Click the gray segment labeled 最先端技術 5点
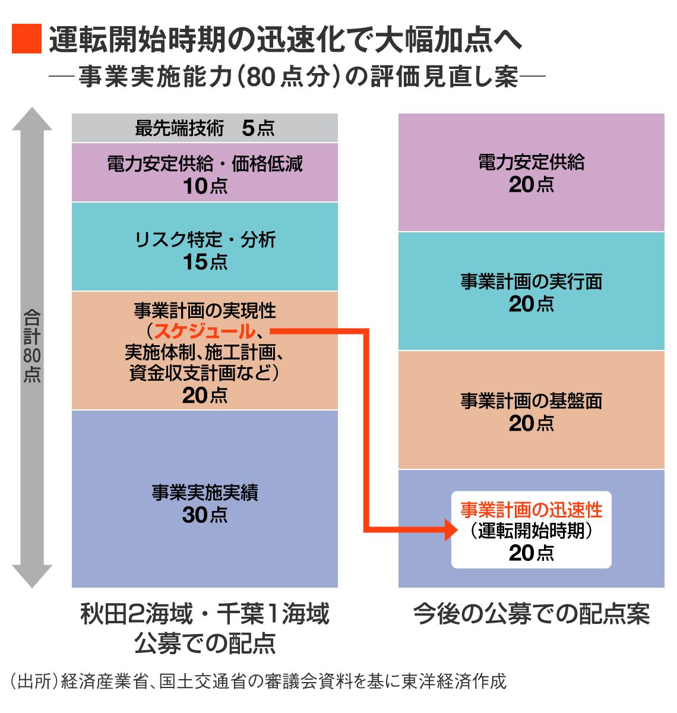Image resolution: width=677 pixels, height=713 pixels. coord(204,128)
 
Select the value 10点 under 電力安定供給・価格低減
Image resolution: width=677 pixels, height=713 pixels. coord(204,186)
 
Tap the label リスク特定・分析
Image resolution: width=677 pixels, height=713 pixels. coord(204,239)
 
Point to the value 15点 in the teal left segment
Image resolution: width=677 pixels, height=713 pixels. coord(204,262)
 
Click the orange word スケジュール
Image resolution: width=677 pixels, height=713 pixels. coord(204,332)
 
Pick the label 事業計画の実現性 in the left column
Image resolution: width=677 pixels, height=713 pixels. coord(204,310)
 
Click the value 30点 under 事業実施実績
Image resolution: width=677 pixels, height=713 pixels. coord(204,515)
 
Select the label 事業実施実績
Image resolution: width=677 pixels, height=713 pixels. coord(204,493)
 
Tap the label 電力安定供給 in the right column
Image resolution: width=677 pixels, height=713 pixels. coord(531,162)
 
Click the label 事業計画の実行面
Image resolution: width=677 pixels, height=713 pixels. coord(531,281)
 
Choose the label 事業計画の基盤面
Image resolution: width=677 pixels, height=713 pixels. coord(531,401)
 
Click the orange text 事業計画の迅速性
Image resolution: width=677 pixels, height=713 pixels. coord(531,510)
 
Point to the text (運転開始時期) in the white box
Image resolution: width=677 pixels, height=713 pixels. coord(531,531)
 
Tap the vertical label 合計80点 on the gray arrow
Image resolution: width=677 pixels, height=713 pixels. coord(32,346)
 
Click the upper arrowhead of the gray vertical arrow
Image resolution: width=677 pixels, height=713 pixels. coord(32,119)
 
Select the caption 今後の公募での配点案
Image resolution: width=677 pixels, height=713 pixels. coord(531,614)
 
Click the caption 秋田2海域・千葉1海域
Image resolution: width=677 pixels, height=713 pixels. coord(204,614)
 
